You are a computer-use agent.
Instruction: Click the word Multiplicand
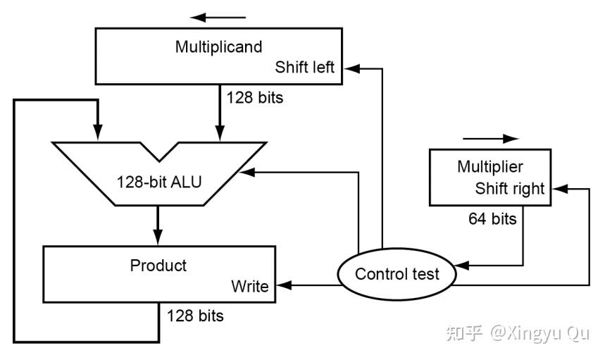point(218,47)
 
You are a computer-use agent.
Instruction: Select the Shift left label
point(304,67)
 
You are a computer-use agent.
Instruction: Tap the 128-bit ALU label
point(159,182)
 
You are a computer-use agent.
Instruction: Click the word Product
point(158,266)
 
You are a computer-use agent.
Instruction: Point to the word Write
point(249,286)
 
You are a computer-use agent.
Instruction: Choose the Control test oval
point(397,274)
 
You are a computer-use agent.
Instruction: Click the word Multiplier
point(490,167)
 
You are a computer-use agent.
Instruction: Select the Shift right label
point(510,189)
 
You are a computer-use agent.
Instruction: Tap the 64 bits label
point(492,219)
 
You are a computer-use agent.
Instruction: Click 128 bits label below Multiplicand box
point(255,98)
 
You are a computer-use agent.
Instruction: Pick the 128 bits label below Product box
point(195,316)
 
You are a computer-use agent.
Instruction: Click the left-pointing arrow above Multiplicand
point(218,18)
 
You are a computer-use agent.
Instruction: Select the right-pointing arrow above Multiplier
point(491,139)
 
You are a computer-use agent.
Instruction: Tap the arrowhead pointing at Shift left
point(351,68)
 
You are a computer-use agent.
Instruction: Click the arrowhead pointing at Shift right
point(560,189)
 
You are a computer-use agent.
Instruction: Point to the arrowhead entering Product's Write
point(285,285)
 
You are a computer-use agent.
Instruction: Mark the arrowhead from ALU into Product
point(158,237)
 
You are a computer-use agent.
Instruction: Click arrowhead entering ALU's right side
point(247,172)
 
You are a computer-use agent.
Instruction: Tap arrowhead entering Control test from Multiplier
point(461,266)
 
